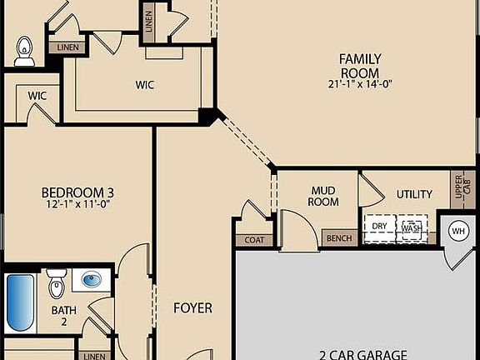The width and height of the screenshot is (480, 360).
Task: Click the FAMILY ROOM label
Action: coord(359,65)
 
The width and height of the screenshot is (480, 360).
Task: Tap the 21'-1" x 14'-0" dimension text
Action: coord(359,83)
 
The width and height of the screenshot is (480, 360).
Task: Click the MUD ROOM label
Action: coord(323,197)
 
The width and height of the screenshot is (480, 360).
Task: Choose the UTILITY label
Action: coord(414,195)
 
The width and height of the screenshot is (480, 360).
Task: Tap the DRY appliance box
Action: coord(380,227)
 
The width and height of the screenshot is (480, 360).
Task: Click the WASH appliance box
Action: coord(411,227)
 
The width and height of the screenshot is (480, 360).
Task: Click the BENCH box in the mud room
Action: coord(338,238)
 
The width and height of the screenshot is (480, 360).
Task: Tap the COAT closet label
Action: coord(254,240)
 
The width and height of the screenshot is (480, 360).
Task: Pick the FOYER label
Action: coord(192,307)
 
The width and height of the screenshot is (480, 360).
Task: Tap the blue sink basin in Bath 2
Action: coord(92,280)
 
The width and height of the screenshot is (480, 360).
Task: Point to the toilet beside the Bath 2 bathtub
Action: coord(56,284)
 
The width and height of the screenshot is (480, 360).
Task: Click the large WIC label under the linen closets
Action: coord(145,84)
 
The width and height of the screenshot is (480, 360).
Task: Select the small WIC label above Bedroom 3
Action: coord(37,96)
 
